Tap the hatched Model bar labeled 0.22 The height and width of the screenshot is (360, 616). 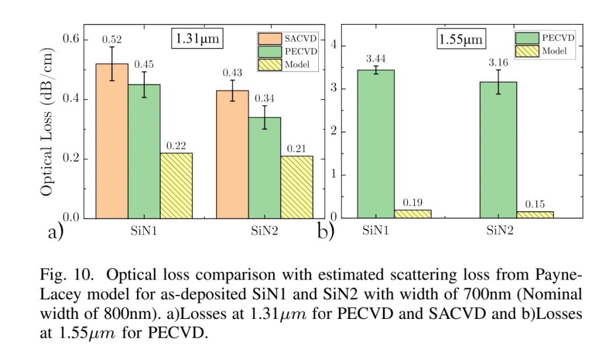pyautogui.click(x=176, y=185)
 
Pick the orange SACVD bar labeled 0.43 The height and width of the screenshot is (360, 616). pyautogui.click(x=232, y=154)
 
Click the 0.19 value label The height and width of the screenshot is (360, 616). pyautogui.click(x=412, y=203)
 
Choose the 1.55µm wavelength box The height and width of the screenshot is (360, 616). pyautogui.click(x=461, y=39)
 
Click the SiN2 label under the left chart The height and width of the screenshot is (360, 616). pyautogui.click(x=265, y=231)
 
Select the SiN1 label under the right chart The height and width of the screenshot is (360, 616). pyautogui.click(x=375, y=231)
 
